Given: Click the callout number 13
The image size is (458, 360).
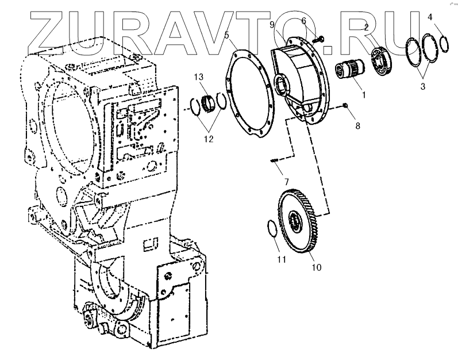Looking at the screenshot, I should click(x=199, y=78).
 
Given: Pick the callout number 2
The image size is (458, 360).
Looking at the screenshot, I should click(x=365, y=27).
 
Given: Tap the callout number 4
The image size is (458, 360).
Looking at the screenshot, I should click(x=430, y=18).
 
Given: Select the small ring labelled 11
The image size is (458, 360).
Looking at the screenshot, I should click(x=272, y=228).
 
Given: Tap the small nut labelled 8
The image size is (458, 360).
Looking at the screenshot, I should click(x=345, y=105).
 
